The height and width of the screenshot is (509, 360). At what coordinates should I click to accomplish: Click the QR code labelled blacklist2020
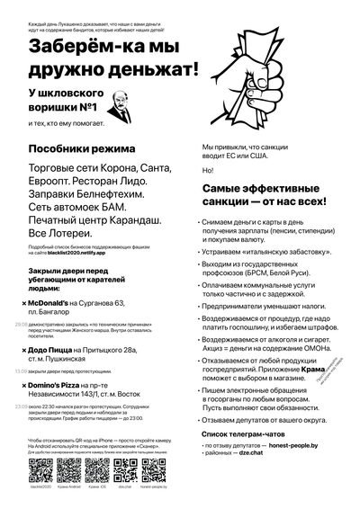tap(41, 470)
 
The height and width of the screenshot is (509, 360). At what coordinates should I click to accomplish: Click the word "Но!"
tap(207, 171)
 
